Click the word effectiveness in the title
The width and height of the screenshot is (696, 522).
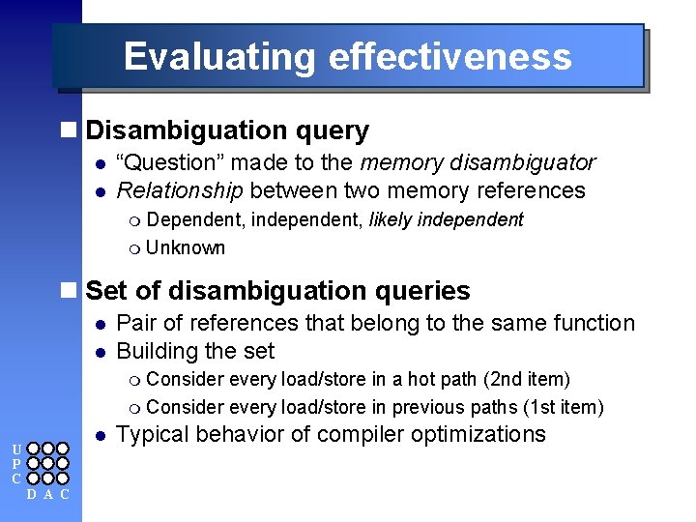(450, 57)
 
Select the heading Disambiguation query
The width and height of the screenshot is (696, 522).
(227, 130)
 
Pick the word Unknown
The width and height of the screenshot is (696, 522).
(186, 247)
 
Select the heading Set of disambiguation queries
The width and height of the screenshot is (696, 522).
(277, 291)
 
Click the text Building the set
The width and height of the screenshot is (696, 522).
(195, 351)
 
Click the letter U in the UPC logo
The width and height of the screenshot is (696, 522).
(16, 449)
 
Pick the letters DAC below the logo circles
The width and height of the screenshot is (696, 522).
(47, 495)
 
